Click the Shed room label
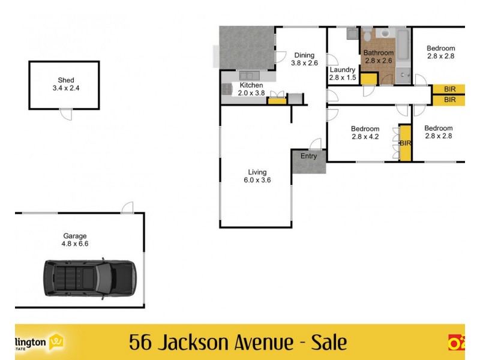pyautogui.click(x=66, y=79)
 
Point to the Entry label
pyautogui.click(x=308, y=157)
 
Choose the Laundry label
pyautogui.click(x=343, y=70)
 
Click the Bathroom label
pyautogui.click(x=379, y=53)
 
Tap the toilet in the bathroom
pyautogui.click(x=367, y=36)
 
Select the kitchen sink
pyautogui.click(x=248, y=76)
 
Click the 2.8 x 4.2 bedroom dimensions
pyautogui.click(x=365, y=136)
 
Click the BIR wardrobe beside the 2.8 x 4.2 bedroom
pyautogui.click(x=405, y=143)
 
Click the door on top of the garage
pyautogui.click(x=127, y=208)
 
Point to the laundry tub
pyautogui.click(x=352, y=34)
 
